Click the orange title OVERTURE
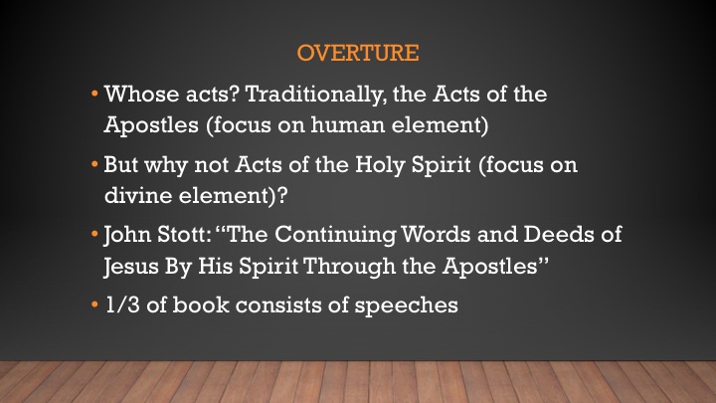click(358, 53)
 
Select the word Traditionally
click(314, 96)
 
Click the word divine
click(138, 195)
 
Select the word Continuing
click(336, 236)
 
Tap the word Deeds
click(559, 235)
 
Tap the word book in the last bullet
click(201, 304)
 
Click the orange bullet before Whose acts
click(94, 95)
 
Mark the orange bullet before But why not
click(94, 164)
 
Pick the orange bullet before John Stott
click(94, 235)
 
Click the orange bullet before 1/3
click(94, 304)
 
